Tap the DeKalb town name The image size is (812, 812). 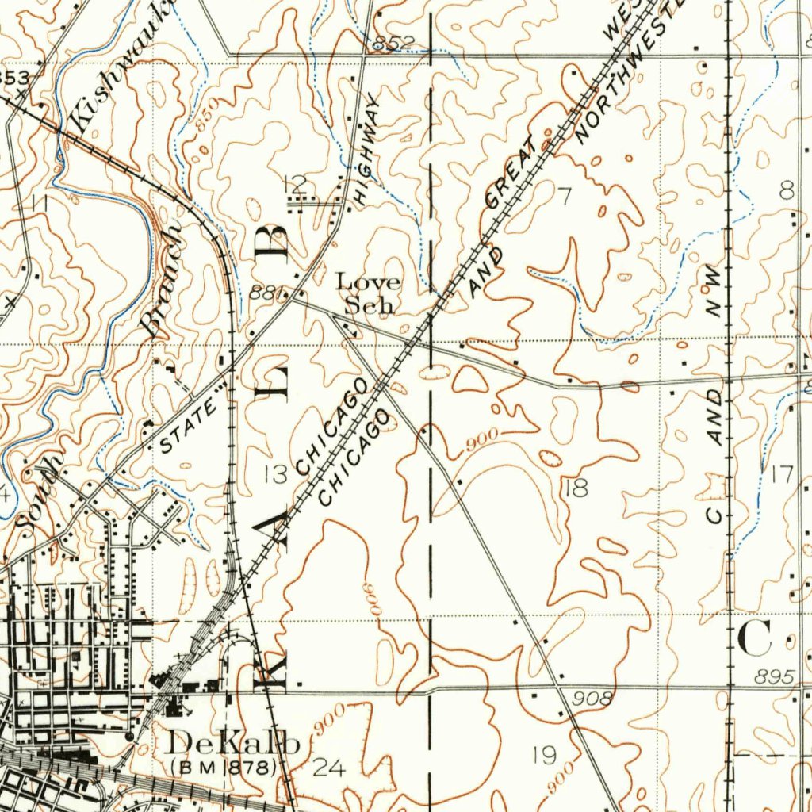point(235,743)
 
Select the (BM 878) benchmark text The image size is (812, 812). point(224,768)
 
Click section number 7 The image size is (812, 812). point(564,197)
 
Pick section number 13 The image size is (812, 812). point(276,474)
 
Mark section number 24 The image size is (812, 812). point(330,767)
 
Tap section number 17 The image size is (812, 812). point(781,474)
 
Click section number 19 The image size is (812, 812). point(544,755)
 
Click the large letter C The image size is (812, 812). point(755,638)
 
